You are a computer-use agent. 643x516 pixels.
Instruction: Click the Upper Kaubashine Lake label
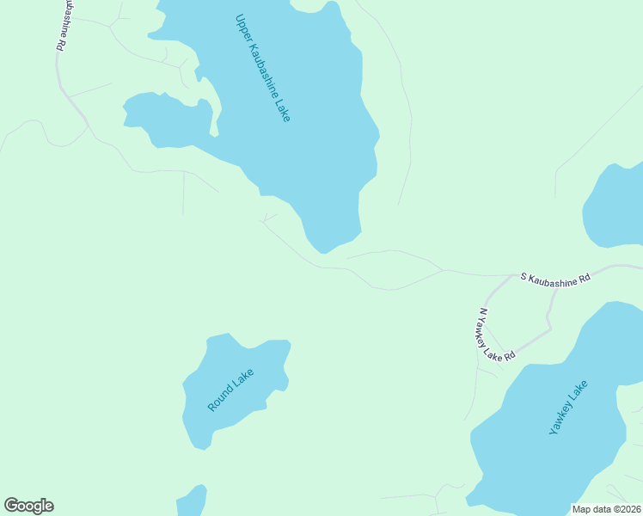(x=262, y=67)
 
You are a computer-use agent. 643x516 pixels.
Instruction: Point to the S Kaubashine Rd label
(x=555, y=279)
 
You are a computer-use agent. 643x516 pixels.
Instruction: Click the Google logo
(x=28, y=506)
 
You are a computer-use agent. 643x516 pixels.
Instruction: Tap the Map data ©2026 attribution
(x=606, y=509)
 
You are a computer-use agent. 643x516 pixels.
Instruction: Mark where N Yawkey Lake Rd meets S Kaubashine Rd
(x=515, y=277)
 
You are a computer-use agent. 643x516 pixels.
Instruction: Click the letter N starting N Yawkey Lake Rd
(x=483, y=311)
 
